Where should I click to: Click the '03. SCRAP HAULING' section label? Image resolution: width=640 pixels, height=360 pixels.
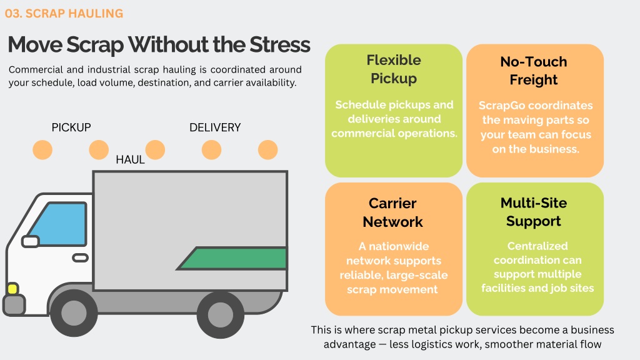click(x=64, y=14)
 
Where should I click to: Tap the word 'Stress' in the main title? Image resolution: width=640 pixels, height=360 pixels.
click(x=280, y=44)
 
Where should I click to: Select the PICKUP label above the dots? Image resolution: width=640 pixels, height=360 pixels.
click(x=71, y=127)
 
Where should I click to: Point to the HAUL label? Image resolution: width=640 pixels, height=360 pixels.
click(x=130, y=159)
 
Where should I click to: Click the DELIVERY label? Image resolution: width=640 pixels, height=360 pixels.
click(x=215, y=127)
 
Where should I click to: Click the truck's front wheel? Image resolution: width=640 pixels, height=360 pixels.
click(x=74, y=314)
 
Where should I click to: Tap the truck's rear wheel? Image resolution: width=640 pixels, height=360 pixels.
click(x=221, y=315)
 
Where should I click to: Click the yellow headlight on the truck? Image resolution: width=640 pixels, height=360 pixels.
click(x=12, y=289)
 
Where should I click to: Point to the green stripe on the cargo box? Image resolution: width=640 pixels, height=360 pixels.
click(x=232, y=258)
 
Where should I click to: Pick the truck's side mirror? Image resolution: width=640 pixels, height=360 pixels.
click(x=30, y=242)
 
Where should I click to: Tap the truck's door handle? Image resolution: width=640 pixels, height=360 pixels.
click(x=81, y=258)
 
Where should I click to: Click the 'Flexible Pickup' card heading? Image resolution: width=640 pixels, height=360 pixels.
click(x=394, y=69)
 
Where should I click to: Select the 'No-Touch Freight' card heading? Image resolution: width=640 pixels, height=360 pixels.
click(x=534, y=70)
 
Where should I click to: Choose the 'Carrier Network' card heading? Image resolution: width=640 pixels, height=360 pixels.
click(x=392, y=212)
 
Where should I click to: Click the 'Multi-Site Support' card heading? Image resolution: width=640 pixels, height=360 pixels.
click(x=534, y=212)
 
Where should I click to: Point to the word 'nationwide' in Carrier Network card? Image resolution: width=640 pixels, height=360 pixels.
click(x=399, y=246)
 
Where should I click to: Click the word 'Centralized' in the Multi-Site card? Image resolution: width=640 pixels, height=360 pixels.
click(x=537, y=246)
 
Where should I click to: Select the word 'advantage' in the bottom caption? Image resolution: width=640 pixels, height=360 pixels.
click(x=350, y=344)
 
